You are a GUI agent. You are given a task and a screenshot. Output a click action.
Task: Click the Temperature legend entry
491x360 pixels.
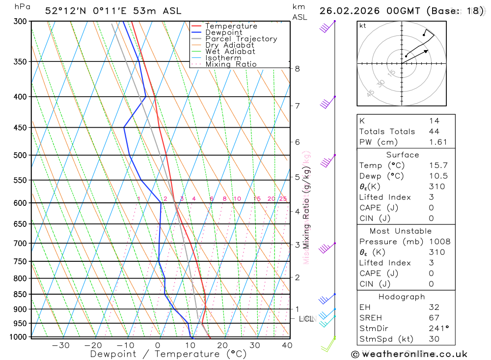point(231,26)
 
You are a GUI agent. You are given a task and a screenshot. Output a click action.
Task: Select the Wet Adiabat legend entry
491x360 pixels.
point(230,52)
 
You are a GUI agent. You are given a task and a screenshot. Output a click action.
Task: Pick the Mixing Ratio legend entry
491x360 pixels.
point(231,64)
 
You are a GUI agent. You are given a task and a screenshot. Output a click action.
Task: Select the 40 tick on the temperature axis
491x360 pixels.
point(287,345)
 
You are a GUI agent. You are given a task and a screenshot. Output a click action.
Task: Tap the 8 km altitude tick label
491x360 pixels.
point(297,69)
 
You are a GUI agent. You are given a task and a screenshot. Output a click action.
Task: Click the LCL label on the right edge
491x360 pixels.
point(306,319)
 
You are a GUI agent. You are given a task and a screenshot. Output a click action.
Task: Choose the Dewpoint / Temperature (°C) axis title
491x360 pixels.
point(168,354)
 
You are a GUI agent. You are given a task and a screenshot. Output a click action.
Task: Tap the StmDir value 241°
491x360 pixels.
point(438,329)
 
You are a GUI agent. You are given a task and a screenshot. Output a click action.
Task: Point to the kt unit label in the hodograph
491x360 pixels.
point(362,26)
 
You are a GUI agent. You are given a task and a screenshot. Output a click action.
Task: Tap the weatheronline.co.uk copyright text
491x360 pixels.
point(409,354)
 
